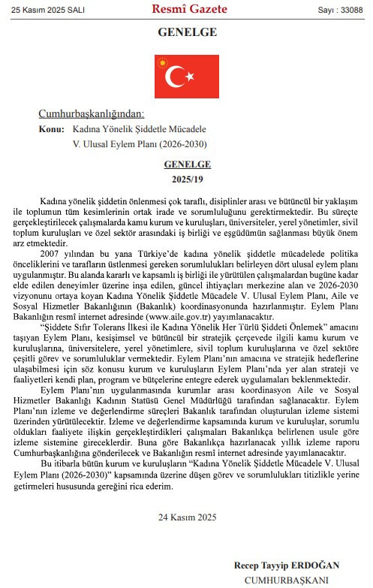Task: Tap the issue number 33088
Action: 354,10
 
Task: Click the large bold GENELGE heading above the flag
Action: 187,32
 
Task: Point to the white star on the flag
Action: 190,76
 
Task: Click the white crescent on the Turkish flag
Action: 177,76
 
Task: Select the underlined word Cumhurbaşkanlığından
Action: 90,114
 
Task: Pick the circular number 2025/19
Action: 187,179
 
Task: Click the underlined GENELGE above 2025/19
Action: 187,164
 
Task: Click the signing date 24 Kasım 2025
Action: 187,517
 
